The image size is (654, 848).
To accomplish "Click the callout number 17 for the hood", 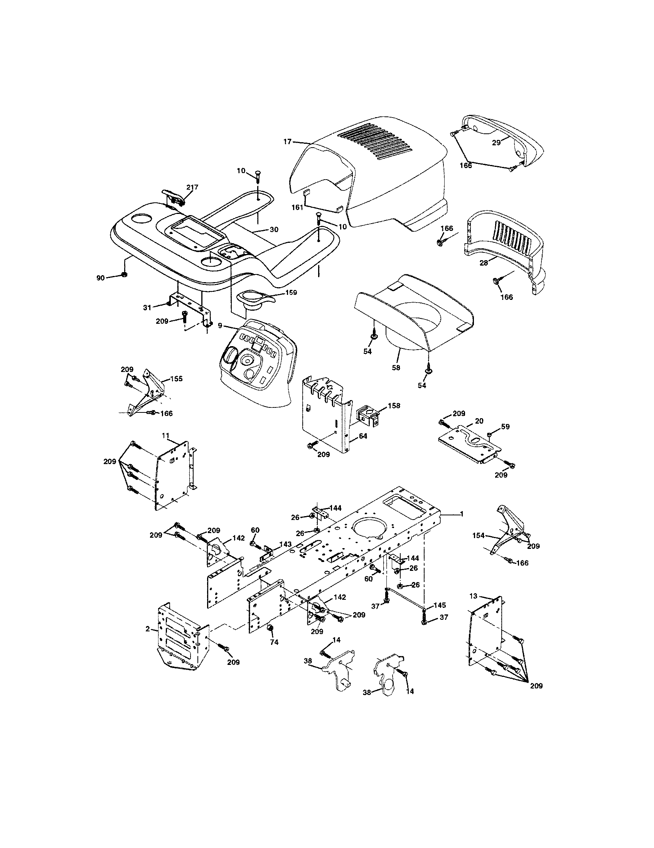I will (287, 142).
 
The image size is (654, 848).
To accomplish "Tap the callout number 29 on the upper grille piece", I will (496, 143).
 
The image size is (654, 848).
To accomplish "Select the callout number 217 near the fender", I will (192, 187).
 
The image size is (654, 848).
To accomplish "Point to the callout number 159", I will (291, 293).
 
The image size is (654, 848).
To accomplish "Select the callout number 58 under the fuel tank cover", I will (396, 367).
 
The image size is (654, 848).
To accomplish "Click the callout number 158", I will (393, 406).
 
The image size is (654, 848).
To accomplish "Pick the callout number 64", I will (363, 436).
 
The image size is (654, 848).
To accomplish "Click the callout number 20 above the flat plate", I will (479, 421).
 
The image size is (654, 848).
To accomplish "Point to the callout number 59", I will (505, 426).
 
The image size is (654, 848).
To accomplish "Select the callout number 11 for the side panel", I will (165, 436).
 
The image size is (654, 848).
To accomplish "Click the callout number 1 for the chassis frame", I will (461, 514).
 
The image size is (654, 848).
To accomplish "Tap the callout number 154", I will (479, 535).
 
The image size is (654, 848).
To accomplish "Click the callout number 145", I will (440, 605).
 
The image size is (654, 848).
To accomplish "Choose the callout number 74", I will (274, 642).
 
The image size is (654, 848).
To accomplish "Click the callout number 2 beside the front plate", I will (148, 629).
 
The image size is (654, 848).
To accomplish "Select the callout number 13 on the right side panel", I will (473, 596).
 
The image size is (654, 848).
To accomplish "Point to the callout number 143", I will (285, 544).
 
